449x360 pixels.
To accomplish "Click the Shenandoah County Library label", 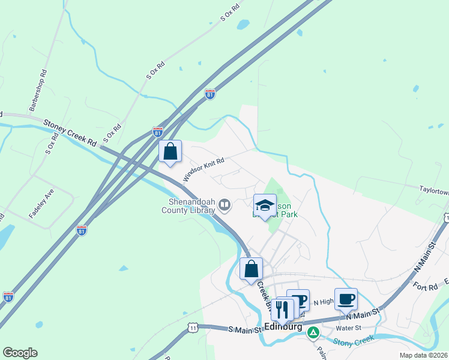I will (x=188, y=206).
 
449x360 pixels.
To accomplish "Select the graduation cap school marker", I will (x=265, y=206).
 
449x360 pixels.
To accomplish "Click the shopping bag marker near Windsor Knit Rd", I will (x=170, y=151).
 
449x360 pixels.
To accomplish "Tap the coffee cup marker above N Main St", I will (x=346, y=299).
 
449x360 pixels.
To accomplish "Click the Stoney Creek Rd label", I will (x=70, y=133).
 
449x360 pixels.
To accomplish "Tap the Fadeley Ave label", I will (x=41, y=205).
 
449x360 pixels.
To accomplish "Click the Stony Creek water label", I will (x=354, y=340).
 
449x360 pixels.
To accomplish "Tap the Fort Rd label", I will (x=425, y=287).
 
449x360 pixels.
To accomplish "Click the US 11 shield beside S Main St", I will (x=192, y=328).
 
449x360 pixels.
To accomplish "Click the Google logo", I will (x=20, y=353).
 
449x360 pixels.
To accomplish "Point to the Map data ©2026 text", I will (x=423, y=355).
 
